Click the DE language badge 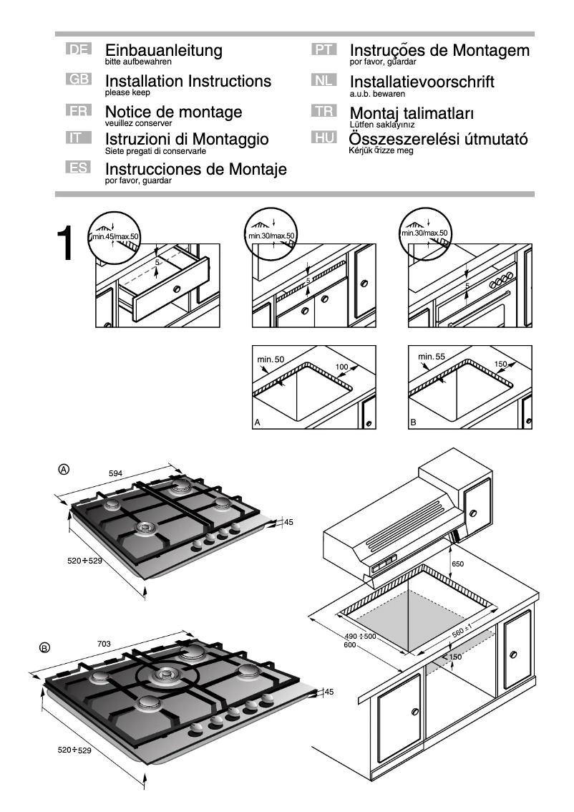pos(78,50)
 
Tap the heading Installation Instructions pos(188,81)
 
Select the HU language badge pos(324,138)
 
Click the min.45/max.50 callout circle pos(115,234)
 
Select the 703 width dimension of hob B pos(104,644)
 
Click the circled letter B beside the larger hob pos(44,648)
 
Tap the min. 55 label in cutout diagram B pos(432,357)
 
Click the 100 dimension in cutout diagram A pos(341,367)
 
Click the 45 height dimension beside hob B pos(329,692)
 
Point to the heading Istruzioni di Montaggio pos(186,139)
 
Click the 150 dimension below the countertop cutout pos(456,657)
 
